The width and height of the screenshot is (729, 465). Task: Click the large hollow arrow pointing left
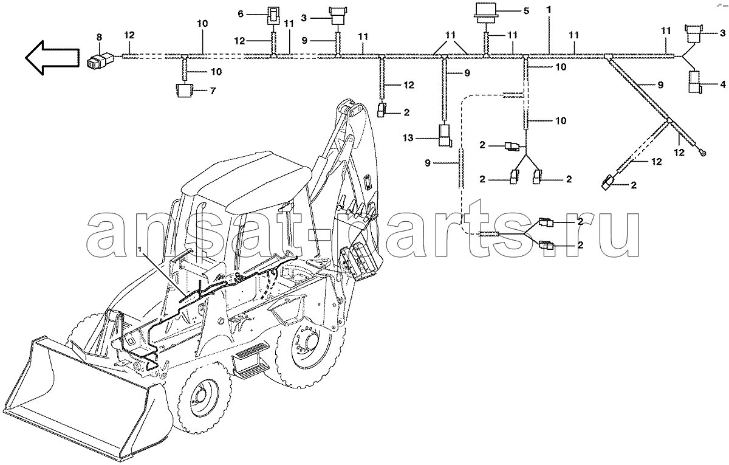click(52, 58)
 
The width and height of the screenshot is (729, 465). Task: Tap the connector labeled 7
click(184, 90)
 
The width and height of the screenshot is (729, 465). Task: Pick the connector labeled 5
click(486, 13)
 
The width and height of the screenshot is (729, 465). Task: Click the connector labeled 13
click(444, 136)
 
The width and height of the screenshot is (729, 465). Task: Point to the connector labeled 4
click(695, 82)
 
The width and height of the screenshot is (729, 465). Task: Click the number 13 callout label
click(408, 138)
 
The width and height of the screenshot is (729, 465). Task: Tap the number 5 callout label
click(526, 11)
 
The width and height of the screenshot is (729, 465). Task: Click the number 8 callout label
click(99, 37)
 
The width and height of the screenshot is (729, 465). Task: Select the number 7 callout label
click(213, 91)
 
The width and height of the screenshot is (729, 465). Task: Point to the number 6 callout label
click(241, 14)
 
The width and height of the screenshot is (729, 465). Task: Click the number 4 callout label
click(723, 84)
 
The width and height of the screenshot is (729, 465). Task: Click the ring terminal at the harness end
click(702, 152)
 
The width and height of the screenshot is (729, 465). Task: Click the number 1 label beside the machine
click(140, 249)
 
